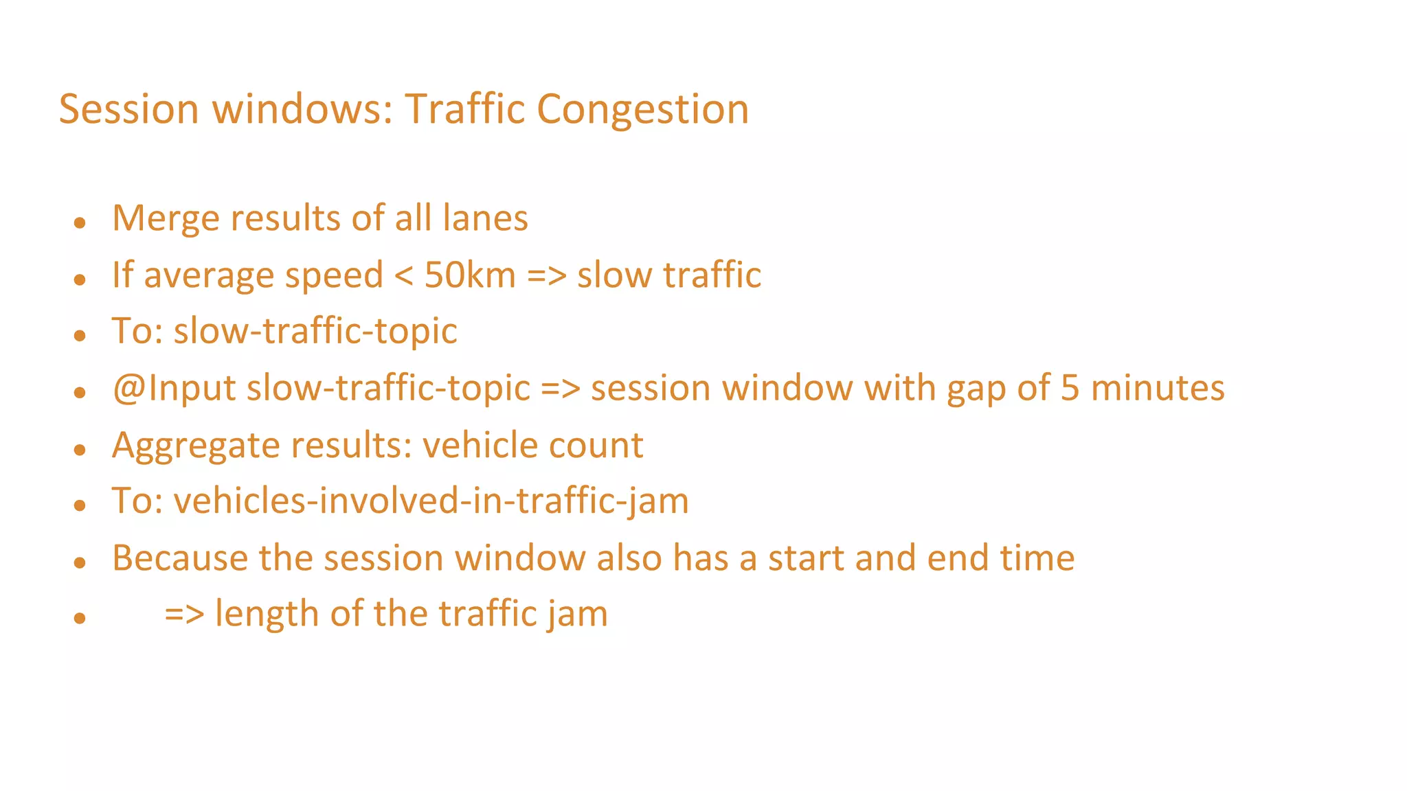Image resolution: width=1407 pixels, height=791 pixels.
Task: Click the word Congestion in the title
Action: coord(642,110)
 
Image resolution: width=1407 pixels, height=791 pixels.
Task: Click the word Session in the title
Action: coord(128,110)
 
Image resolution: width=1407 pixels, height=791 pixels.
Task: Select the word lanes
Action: coord(485,218)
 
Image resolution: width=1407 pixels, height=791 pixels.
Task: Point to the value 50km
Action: coord(470,275)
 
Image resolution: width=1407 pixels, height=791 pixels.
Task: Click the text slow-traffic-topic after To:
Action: coord(315,331)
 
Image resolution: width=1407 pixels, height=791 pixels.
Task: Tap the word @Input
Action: coord(175,389)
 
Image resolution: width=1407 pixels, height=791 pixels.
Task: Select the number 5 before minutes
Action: coord(1070,388)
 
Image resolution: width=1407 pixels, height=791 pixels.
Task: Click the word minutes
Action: coord(1158,388)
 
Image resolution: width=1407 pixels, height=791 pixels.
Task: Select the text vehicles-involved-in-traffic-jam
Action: coord(431,501)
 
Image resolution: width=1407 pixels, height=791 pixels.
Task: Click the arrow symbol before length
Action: coord(184,615)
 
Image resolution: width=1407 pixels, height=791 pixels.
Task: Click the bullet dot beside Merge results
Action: coord(80,222)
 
